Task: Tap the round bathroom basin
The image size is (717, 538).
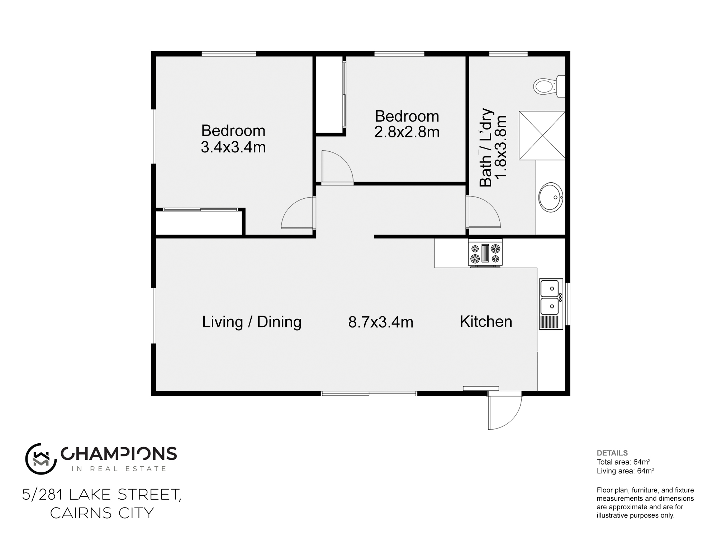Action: click(551, 197)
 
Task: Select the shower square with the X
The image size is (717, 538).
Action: click(542, 135)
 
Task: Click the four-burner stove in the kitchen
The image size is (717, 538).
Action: click(485, 253)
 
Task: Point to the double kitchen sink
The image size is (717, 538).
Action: click(551, 298)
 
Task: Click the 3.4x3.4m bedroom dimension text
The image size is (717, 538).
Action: click(233, 147)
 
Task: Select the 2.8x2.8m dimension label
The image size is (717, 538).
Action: click(407, 132)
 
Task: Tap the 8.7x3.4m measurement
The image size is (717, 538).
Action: click(380, 322)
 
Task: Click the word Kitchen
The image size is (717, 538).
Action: click(486, 321)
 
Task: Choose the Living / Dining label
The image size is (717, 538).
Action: click(252, 322)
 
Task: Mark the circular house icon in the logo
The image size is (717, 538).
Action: click(41, 459)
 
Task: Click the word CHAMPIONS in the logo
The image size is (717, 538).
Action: click(119, 454)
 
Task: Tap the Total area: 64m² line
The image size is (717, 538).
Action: click(623, 462)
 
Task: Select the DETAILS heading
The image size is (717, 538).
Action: click(612, 453)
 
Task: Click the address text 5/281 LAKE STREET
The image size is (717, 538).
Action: click(101, 495)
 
